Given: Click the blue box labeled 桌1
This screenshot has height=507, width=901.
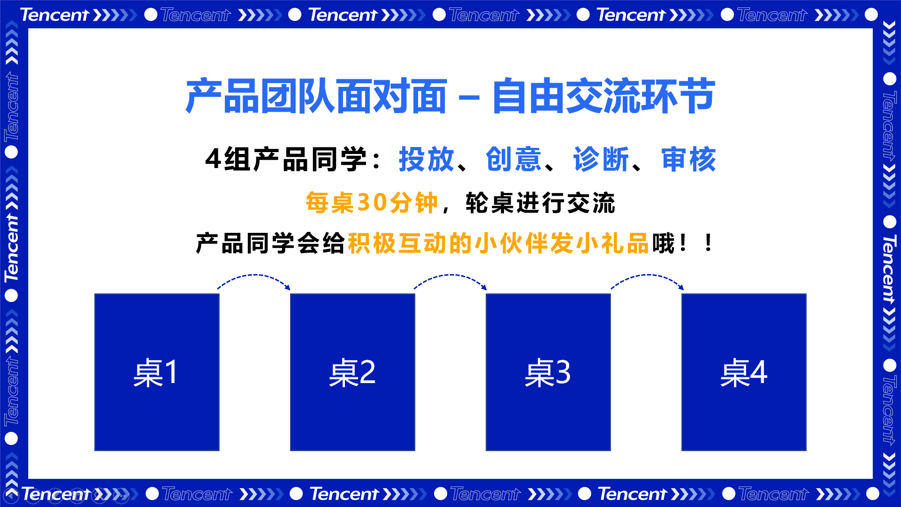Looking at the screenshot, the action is click(x=157, y=372).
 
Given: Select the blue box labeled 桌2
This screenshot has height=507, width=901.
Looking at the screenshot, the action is click(x=352, y=372).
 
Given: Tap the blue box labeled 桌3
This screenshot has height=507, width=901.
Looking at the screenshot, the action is click(x=548, y=372).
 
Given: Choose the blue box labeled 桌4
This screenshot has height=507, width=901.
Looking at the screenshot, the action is click(x=744, y=372).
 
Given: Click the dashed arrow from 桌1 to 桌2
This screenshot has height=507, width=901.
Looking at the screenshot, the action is click(x=254, y=275).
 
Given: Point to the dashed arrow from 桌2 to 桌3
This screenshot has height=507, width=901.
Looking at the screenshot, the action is click(x=450, y=275).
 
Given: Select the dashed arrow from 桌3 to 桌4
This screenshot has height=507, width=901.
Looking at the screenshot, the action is click(x=647, y=275).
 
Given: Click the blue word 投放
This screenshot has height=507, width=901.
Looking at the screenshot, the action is click(x=427, y=159).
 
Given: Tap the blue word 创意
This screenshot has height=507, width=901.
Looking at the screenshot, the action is click(x=514, y=159).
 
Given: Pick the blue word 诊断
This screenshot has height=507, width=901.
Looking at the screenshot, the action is click(x=601, y=159).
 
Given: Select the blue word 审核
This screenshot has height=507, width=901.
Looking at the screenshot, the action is click(x=688, y=159).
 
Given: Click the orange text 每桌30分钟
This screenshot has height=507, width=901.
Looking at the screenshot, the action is click(x=372, y=203).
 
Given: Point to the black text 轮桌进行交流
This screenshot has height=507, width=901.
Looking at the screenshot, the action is click(x=540, y=203).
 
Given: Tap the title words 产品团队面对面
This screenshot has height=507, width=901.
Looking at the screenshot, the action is click(x=316, y=96).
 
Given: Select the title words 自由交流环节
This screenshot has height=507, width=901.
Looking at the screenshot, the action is click(x=604, y=96).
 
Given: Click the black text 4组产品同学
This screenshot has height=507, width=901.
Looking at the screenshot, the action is click(x=286, y=159).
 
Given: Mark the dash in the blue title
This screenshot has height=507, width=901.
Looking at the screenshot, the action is click(x=469, y=98).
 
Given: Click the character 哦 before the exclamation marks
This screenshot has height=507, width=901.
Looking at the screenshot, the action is click(x=662, y=243).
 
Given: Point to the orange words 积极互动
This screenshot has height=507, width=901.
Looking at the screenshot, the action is click(x=398, y=243).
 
